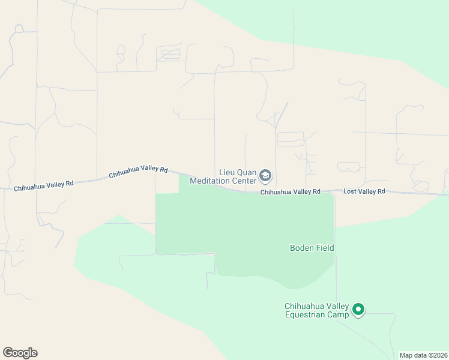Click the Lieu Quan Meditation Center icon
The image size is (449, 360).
tap(266, 176)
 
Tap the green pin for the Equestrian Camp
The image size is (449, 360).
tap(358, 310)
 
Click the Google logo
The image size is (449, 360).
tap(20, 353)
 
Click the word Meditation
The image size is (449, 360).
tap(211, 181)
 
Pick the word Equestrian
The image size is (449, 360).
tap(305, 315)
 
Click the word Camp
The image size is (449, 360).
tap(338, 315)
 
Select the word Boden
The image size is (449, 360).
tap(303, 248)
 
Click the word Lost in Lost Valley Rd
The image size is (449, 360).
tap(349, 191)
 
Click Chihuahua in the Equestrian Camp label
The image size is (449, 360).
tap(304, 307)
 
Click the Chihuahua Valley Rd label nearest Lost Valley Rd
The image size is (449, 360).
tap(290, 192)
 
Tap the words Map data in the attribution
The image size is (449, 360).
tap(412, 355)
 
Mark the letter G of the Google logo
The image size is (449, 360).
tap(8, 353)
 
